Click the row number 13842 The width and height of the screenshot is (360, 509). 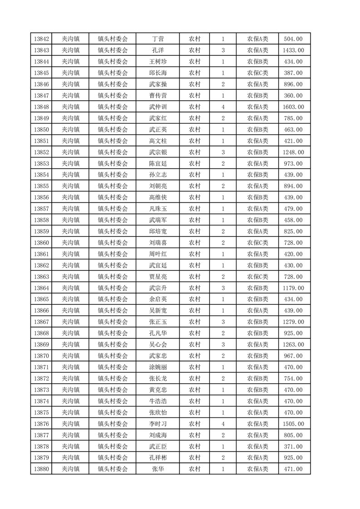pyautogui.click(x=41, y=39)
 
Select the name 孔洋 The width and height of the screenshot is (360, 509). pyautogui.click(x=158, y=50)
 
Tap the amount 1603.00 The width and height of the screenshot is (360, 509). pyautogui.click(x=293, y=107)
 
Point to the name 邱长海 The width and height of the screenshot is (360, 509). pyautogui.click(x=158, y=73)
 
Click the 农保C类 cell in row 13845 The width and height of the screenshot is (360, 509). pyautogui.click(x=257, y=73)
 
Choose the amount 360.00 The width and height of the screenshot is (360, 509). pyautogui.click(x=293, y=96)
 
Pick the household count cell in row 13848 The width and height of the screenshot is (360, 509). pyautogui.click(x=223, y=107)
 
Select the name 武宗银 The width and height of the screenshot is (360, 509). pyautogui.click(x=158, y=152)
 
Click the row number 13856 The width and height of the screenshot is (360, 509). pyautogui.click(x=41, y=197)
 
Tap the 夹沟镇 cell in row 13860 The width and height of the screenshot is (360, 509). pyautogui.click(x=71, y=243)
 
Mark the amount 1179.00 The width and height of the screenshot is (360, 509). pyautogui.click(x=293, y=288)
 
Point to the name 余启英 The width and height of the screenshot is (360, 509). pyautogui.click(x=158, y=299)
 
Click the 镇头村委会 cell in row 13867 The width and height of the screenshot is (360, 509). pyautogui.click(x=113, y=322)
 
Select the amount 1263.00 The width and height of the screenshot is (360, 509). pyautogui.click(x=293, y=345)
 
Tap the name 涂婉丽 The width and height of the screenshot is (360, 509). pyautogui.click(x=158, y=367)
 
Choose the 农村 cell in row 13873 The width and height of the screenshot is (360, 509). pyautogui.click(x=194, y=390)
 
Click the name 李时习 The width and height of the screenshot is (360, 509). pyautogui.click(x=158, y=424)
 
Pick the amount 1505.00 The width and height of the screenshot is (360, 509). pyautogui.click(x=293, y=424)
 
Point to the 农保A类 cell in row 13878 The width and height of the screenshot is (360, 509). pyautogui.click(x=257, y=446)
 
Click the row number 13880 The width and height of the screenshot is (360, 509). pyautogui.click(x=41, y=469)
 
